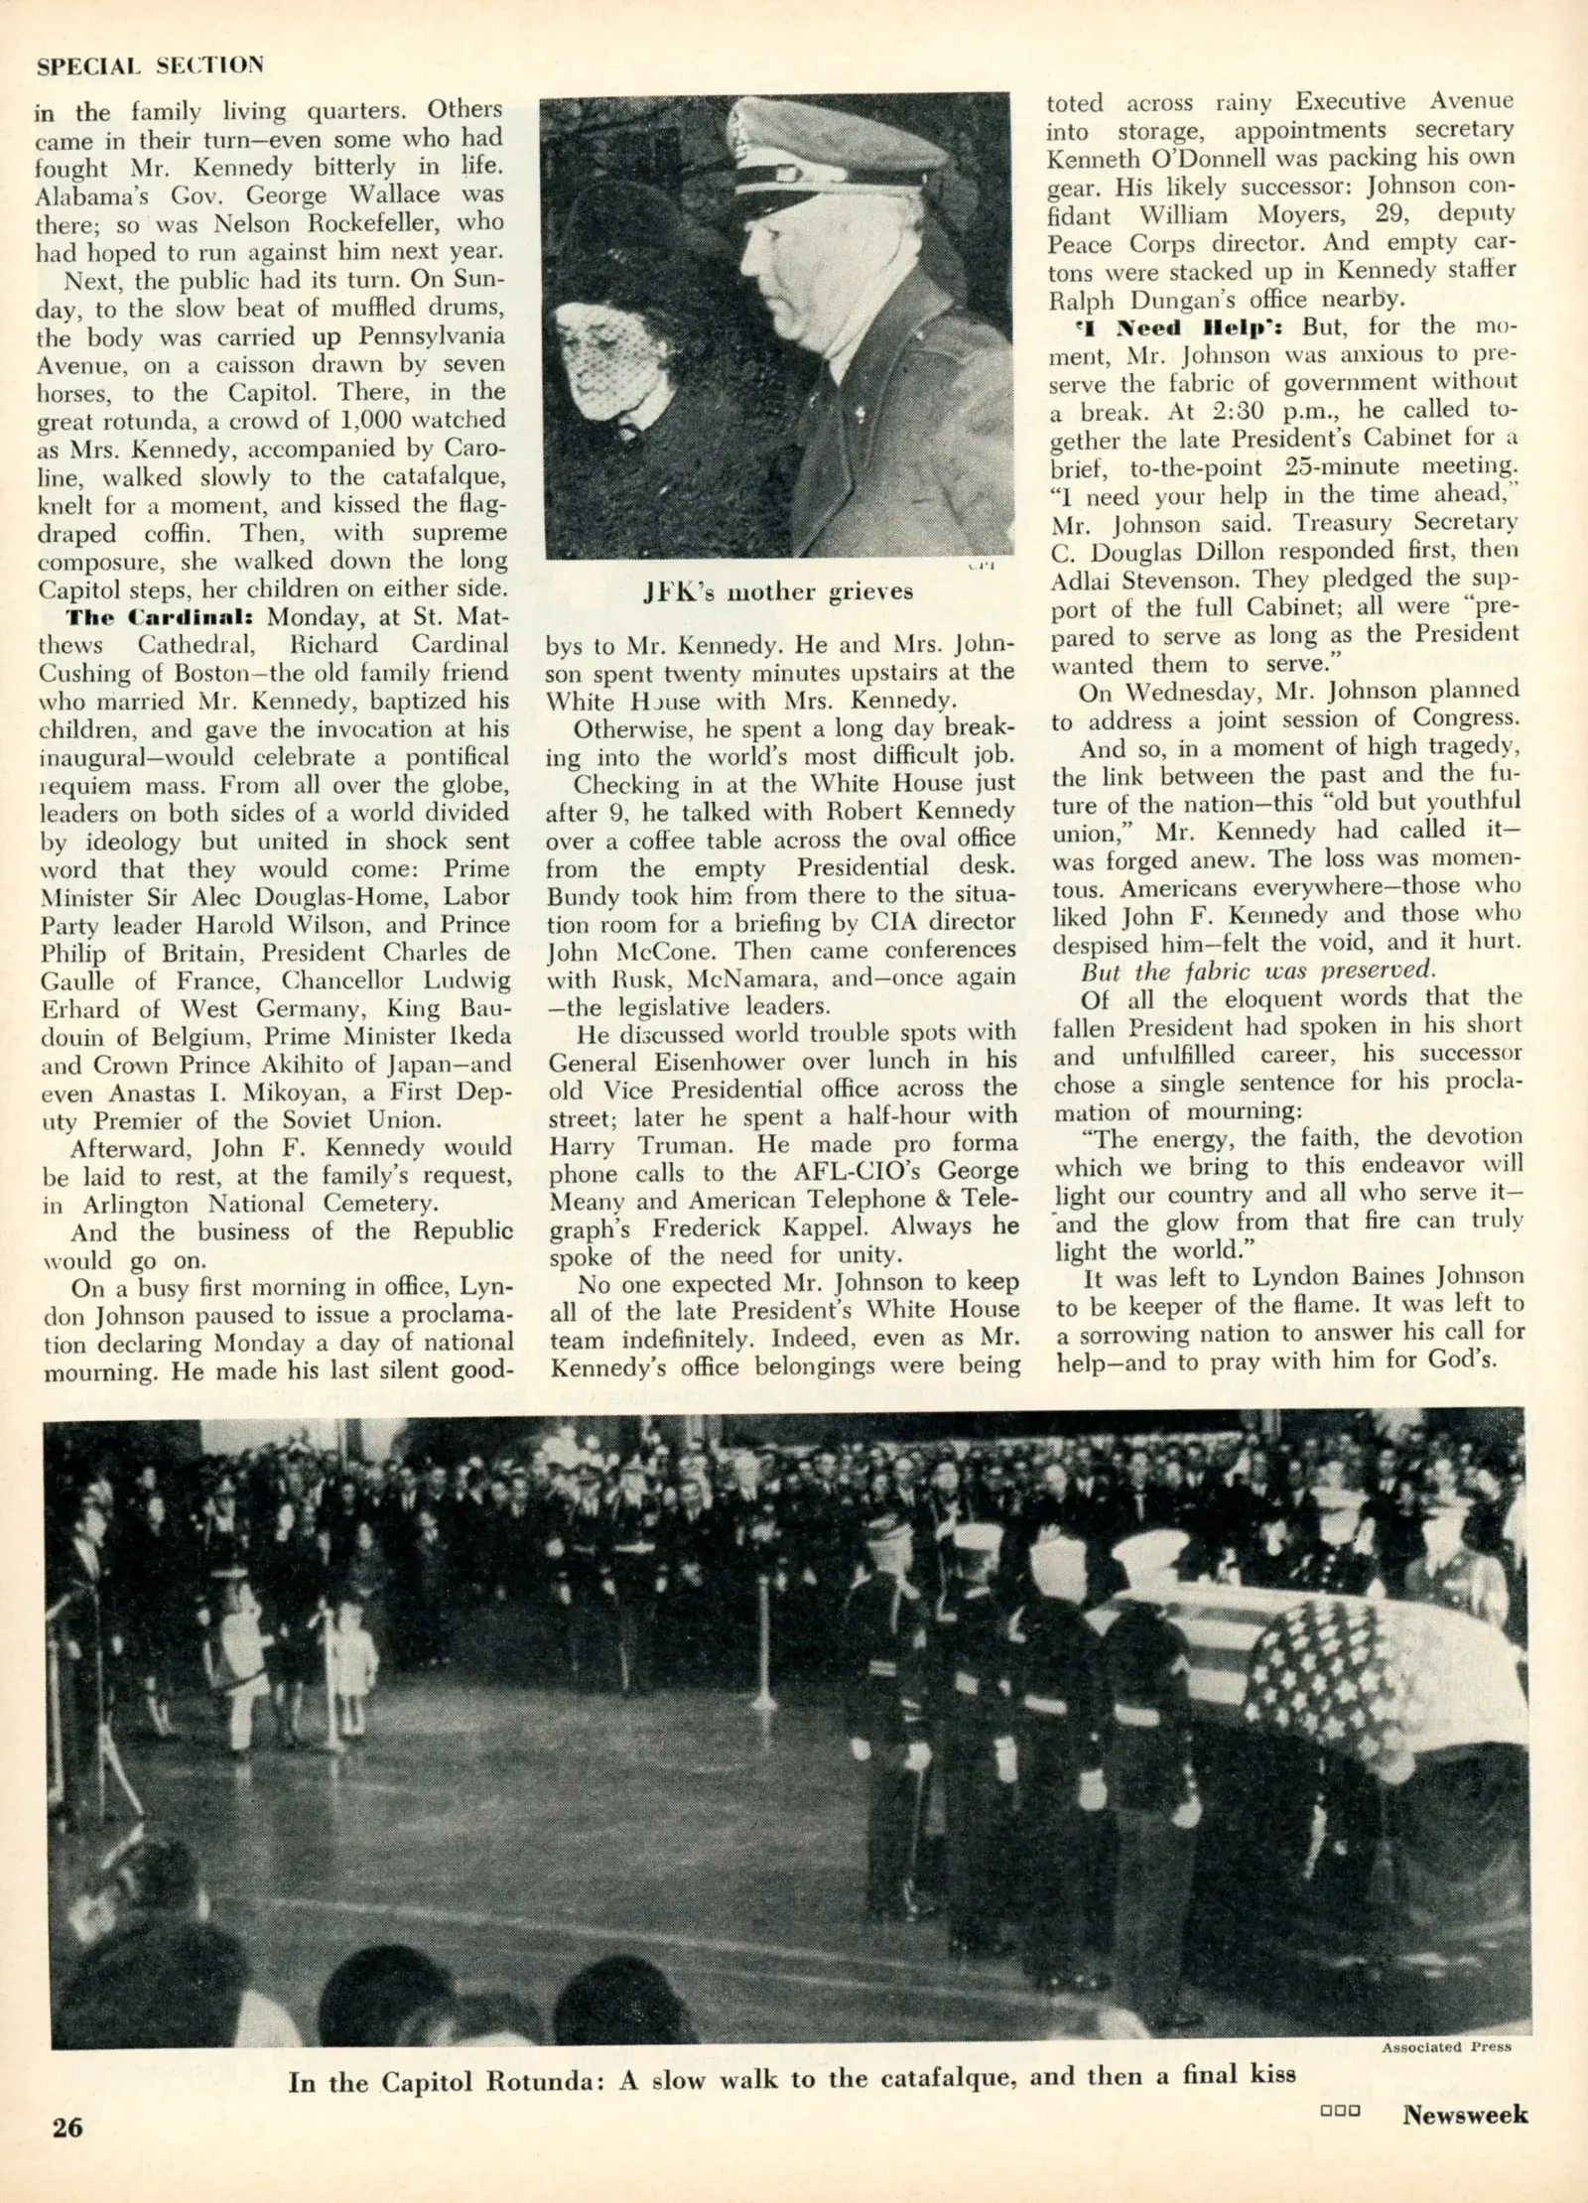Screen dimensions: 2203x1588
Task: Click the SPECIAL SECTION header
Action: (151, 65)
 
